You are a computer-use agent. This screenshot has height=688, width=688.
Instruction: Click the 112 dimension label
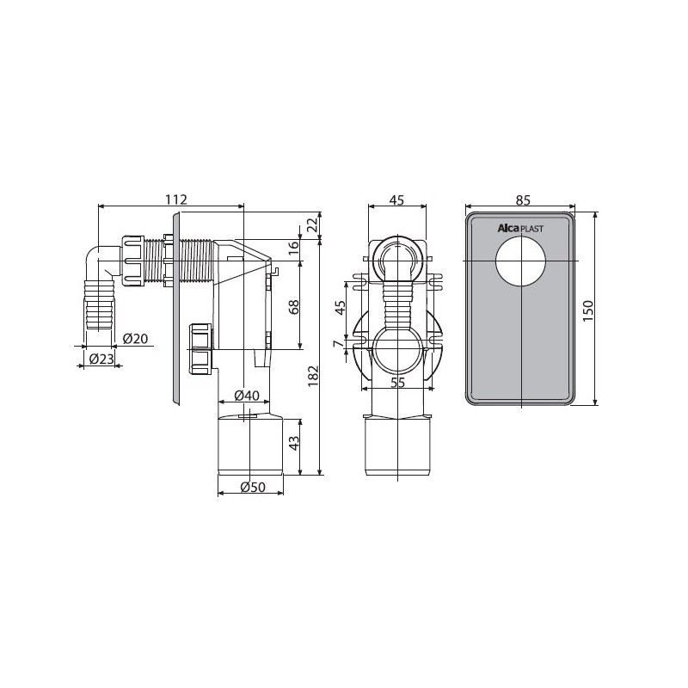tap(176, 200)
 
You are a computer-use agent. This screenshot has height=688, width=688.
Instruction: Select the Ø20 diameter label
tap(135, 338)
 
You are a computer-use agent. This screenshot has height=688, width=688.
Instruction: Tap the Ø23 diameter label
tap(101, 359)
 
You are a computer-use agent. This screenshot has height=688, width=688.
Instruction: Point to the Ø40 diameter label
tap(247, 396)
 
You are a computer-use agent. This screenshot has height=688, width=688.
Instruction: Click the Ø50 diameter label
tap(253, 487)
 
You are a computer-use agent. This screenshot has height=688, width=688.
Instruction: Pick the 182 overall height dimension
tap(313, 376)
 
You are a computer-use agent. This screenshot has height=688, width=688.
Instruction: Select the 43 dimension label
tap(294, 442)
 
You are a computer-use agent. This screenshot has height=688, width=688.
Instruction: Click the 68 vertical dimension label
tap(294, 306)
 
